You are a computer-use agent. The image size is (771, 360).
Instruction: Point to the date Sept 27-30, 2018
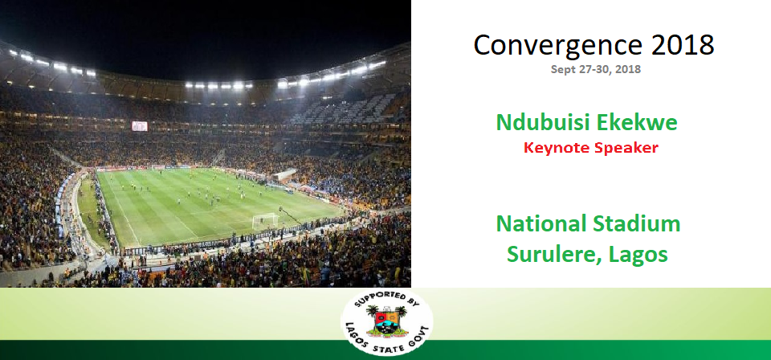[595, 69]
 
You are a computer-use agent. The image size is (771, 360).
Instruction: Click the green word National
[538, 223]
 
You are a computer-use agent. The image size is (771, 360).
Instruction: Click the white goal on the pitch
[265, 221]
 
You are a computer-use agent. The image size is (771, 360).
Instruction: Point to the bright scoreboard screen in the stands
[139, 126]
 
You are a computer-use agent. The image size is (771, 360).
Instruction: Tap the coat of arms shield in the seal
[387, 321]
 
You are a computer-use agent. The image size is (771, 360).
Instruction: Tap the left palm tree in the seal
[372, 312]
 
